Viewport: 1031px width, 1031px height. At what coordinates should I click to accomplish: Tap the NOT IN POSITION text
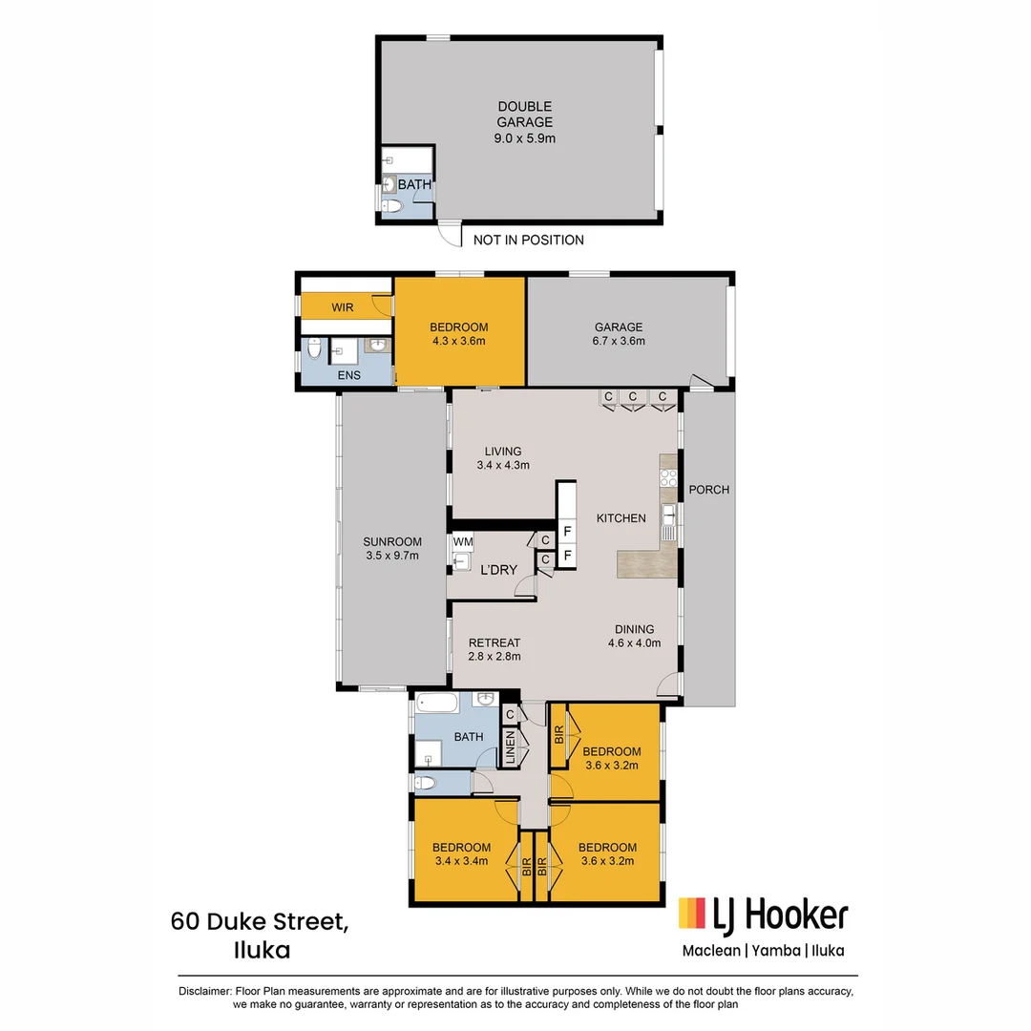[528, 240]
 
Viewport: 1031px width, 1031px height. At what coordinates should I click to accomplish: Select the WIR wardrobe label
[342, 307]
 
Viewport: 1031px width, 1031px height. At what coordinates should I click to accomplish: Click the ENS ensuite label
[348, 376]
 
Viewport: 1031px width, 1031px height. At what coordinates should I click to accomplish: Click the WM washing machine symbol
[462, 542]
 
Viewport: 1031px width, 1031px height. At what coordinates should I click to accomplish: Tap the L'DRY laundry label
[498, 570]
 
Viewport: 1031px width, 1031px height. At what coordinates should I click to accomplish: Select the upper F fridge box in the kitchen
[567, 531]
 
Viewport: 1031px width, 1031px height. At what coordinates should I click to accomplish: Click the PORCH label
[708, 490]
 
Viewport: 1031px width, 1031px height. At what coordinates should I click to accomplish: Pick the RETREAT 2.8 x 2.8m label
[494, 649]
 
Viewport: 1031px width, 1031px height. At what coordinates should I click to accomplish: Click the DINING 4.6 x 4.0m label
[634, 636]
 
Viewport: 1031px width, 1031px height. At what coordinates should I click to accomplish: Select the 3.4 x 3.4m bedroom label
[461, 853]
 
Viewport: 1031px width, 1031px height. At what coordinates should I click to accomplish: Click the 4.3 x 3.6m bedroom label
[460, 334]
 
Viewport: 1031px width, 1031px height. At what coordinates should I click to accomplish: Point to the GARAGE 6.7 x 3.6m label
[619, 334]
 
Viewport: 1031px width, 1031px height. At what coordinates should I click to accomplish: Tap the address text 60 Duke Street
[260, 922]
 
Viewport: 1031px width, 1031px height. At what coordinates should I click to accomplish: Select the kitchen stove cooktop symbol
[668, 479]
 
